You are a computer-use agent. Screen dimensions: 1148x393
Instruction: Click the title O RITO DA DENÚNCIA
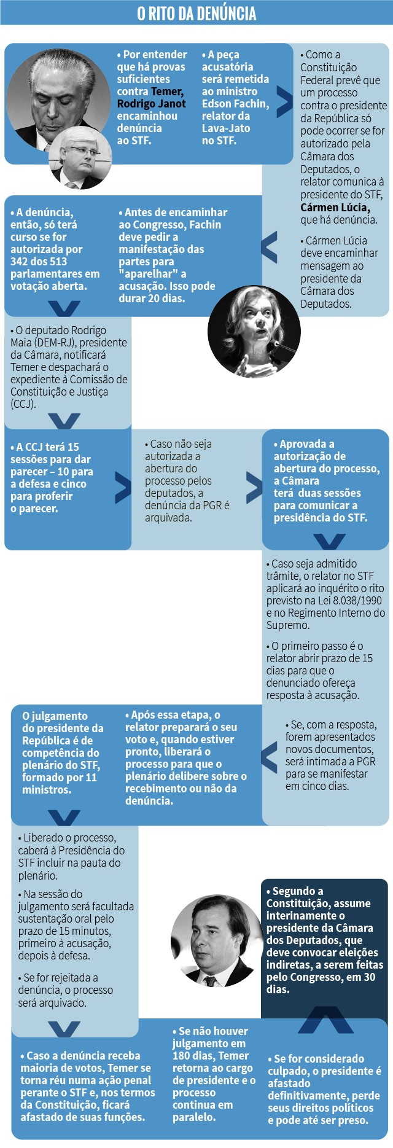196,14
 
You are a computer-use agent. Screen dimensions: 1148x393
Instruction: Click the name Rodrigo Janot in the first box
151,104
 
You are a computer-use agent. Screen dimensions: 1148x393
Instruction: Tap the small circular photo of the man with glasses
80,158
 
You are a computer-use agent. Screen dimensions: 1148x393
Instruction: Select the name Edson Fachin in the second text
235,104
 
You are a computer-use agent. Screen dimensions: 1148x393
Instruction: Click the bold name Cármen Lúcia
335,207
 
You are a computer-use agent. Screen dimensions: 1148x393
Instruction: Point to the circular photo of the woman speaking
254,332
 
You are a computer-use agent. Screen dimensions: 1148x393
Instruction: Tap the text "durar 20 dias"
151,299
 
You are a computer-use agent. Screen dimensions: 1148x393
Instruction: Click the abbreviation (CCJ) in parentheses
23,404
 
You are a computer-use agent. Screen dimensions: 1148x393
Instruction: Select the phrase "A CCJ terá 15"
47,447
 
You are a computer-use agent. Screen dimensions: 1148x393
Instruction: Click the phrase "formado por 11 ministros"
60,784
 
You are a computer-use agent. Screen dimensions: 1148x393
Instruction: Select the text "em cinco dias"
317,786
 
